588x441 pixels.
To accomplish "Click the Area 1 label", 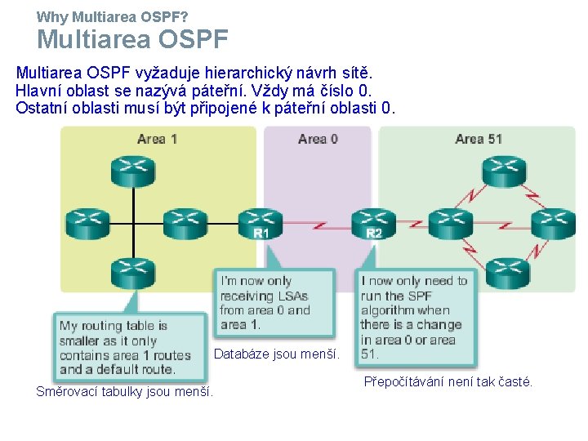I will coord(158,139).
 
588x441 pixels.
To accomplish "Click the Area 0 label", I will coord(318,139).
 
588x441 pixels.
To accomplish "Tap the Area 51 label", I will coord(479,139).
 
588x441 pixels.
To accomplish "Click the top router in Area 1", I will coord(132,169).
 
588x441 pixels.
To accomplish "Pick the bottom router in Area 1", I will coord(132,273).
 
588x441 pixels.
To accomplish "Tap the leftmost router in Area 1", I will coord(87,220).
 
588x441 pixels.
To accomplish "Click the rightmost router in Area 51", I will coord(553,220).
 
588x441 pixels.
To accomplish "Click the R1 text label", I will coord(261,234).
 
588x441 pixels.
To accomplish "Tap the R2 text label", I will coord(373,234).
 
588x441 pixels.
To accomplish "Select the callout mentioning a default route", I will coord(128,347).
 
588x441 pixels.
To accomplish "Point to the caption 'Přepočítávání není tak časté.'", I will coord(448,381).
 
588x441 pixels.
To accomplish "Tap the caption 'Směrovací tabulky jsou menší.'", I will coord(125,392).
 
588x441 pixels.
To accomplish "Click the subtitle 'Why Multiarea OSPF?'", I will coord(113,16).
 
